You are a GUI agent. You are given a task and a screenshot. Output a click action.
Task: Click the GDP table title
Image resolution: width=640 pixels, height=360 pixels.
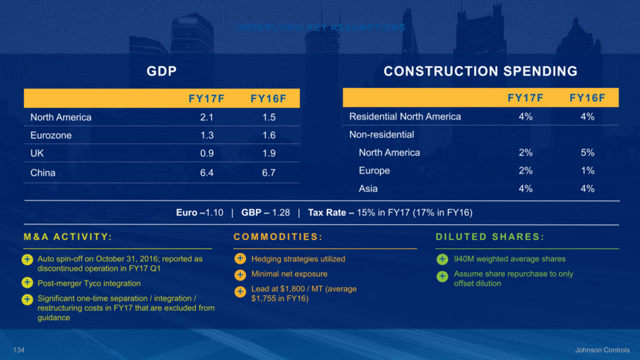tap(162, 72)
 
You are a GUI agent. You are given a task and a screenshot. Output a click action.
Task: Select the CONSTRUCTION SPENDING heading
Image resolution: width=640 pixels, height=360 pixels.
tap(480, 72)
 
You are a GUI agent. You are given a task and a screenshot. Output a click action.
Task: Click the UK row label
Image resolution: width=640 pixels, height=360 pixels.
tap(38, 154)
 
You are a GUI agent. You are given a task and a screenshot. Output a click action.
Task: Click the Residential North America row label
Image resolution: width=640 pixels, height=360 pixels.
tap(405, 116)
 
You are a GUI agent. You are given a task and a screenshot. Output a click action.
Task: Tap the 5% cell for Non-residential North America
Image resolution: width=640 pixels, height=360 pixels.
tap(587, 153)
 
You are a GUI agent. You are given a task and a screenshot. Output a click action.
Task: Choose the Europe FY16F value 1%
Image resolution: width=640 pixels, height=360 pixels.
tap(587, 170)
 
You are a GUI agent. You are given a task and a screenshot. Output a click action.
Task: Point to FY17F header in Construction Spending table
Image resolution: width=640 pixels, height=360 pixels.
tap(525, 98)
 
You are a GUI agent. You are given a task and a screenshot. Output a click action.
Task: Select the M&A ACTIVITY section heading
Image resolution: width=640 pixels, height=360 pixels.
tap(68, 236)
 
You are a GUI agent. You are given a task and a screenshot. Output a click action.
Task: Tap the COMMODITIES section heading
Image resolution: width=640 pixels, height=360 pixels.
tap(277, 236)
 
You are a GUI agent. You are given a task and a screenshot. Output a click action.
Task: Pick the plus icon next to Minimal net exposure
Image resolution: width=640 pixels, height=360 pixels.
tap(240, 274)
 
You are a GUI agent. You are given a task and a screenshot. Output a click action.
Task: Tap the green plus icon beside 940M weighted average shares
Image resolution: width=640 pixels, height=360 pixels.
tap(443, 259)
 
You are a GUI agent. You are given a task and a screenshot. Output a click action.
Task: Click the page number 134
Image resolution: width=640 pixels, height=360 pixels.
tap(19, 350)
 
